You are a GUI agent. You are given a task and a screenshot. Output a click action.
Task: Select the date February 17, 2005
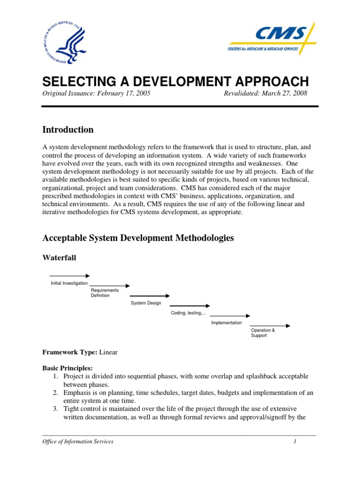(x=124, y=93)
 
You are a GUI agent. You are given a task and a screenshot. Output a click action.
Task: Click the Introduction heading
(x=68, y=130)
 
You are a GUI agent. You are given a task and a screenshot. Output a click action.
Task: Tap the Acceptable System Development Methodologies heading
(x=138, y=238)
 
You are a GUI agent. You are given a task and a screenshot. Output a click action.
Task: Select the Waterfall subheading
(x=60, y=258)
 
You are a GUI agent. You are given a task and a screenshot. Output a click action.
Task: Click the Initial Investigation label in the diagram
(x=69, y=283)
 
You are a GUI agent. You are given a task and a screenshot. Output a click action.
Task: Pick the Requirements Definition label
(x=105, y=293)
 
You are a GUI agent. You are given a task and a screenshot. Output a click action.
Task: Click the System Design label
(x=146, y=303)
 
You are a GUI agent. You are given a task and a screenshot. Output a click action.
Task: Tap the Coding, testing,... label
(x=188, y=313)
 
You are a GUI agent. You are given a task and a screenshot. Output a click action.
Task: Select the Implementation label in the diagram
(x=226, y=322)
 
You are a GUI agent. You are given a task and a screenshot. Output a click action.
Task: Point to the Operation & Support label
(x=263, y=333)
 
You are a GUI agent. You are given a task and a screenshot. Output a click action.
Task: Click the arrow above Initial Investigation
(x=69, y=276)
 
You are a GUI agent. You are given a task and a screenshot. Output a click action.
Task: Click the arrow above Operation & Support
(x=270, y=326)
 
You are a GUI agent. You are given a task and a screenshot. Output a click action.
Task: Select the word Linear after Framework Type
(x=108, y=352)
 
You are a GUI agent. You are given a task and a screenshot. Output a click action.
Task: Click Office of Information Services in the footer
(x=78, y=442)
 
